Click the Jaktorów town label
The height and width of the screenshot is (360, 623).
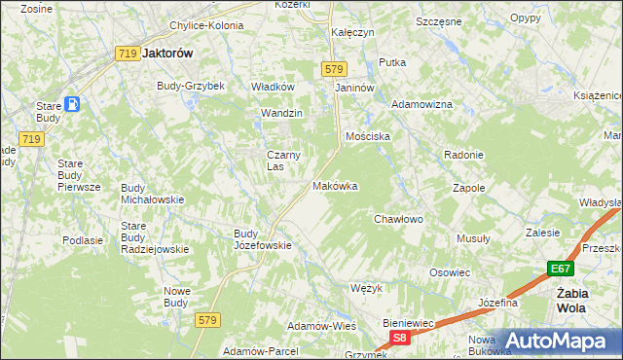coord(169,54)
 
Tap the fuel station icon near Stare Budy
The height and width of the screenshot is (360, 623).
coord(74,105)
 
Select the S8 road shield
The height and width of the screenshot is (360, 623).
coord(399,337)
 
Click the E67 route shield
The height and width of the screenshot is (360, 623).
coord(559,269)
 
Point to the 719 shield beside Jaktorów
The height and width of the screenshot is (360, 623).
coord(126,54)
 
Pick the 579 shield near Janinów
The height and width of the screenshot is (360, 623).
coord(334,69)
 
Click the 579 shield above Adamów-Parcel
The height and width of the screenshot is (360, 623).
coord(205,319)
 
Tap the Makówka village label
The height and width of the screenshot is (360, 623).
coord(335,185)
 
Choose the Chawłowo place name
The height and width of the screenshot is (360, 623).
coord(399,219)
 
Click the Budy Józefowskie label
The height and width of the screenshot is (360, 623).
coord(263,239)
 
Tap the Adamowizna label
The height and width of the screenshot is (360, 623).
coord(421,103)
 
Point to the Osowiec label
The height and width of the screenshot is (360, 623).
coord(450,272)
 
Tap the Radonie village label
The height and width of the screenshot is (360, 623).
coord(463,156)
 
